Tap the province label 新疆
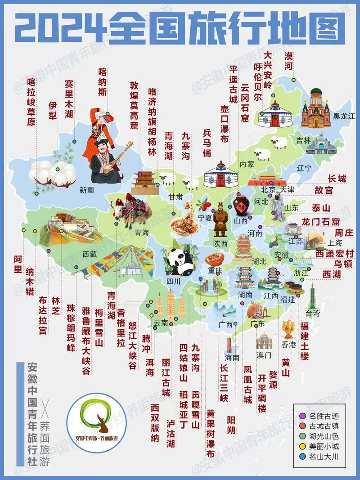coord(86,189)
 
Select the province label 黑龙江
coord(344,117)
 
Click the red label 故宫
coord(324,191)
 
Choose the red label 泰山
coord(321,208)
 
